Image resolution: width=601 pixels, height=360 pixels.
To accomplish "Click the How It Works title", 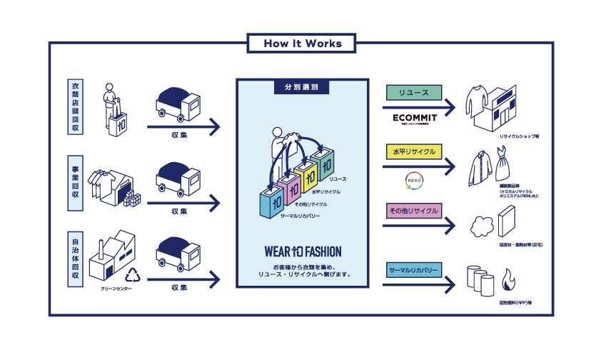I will [302, 43].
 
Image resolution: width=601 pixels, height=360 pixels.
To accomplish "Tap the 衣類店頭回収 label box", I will [76, 108].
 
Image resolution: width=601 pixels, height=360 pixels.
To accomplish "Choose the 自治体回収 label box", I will [76, 259].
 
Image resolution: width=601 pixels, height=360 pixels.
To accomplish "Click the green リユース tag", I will [414, 93].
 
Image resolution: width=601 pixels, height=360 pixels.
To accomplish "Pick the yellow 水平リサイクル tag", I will [414, 151].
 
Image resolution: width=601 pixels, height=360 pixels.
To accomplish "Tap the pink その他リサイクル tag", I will [414, 211].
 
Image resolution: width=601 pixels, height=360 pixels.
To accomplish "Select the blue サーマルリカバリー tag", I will [414, 271].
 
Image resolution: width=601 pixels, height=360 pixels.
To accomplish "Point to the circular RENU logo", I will [414, 177].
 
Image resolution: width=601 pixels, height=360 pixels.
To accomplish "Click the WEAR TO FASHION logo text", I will [301, 251].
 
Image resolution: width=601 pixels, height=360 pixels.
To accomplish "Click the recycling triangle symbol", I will [135, 275].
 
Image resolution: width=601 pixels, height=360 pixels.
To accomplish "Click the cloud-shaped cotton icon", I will [478, 227].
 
